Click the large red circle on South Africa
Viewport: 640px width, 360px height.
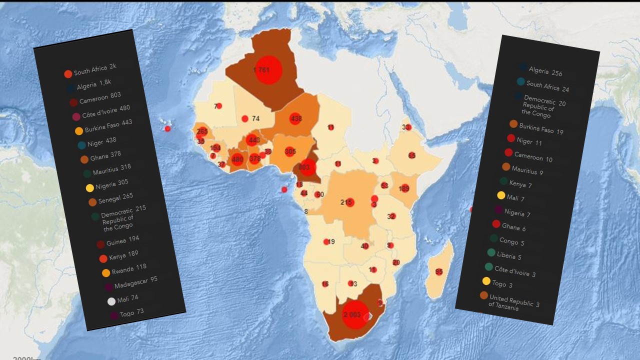pyautogui.click(x=354, y=314)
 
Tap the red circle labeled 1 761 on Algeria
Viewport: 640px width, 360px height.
pyautogui.click(x=268, y=69)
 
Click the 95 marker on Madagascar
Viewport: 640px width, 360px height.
pyautogui.click(x=439, y=272)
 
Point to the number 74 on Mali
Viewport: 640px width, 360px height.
pyautogui.click(x=255, y=118)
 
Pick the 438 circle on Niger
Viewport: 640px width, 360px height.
pyautogui.click(x=295, y=119)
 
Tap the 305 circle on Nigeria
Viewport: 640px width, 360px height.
pyautogui.click(x=290, y=151)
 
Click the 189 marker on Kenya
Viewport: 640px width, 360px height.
pyautogui.click(x=404, y=188)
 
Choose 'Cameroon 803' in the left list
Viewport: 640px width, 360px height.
pyautogui.click(x=99, y=98)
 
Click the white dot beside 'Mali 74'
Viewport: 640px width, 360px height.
pyautogui.click(x=111, y=301)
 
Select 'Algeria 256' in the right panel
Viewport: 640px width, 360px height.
pyautogui.click(x=545, y=71)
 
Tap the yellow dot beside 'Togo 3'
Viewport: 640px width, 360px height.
pyautogui.click(x=486, y=281)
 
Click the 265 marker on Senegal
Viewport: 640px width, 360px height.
pyautogui.click(x=202, y=131)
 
